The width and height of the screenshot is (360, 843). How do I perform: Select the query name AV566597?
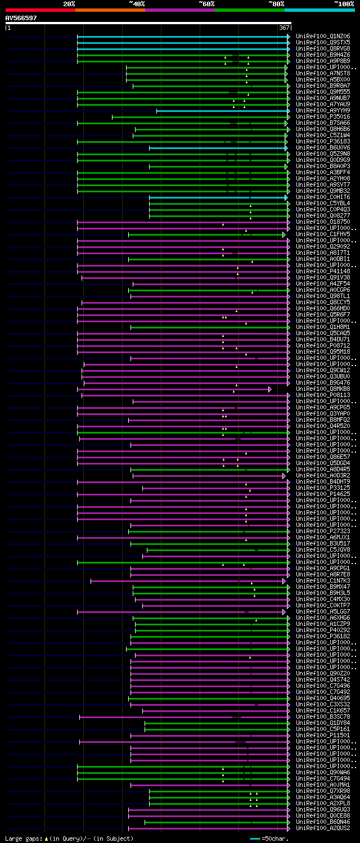click(x=21, y=18)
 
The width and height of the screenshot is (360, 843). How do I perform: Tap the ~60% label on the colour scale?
click(x=206, y=3)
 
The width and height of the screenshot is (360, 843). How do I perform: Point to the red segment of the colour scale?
click(x=40, y=10)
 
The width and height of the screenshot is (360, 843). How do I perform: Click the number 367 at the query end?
click(x=283, y=28)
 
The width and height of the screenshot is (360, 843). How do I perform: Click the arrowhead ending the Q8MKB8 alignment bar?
click(x=270, y=389)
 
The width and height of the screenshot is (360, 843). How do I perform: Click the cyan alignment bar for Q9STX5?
click(x=183, y=42)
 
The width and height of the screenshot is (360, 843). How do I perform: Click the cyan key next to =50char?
click(x=255, y=839)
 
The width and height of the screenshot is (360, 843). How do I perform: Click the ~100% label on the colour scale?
click(x=344, y=3)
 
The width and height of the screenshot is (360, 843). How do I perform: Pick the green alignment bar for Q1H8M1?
click(x=208, y=327)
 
